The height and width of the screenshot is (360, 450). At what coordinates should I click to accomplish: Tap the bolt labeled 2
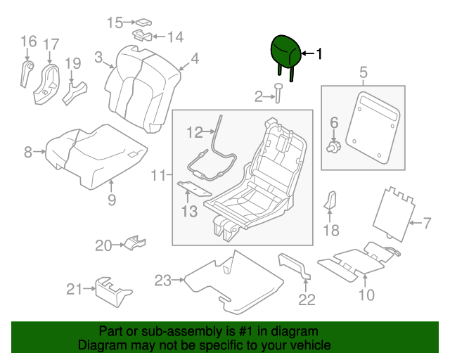tap(278, 93)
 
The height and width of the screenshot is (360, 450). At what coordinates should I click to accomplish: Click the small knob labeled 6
tap(335, 146)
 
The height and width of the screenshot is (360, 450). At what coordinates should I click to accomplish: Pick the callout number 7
tap(426, 224)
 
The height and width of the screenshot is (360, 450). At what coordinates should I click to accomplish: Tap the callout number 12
tap(195, 131)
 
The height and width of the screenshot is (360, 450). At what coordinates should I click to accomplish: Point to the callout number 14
tap(174, 37)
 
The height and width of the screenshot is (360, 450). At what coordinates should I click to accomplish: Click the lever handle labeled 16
tap(27, 74)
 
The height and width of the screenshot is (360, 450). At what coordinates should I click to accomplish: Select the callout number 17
tap(51, 45)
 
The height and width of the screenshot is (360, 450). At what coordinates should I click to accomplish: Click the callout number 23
tap(163, 281)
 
